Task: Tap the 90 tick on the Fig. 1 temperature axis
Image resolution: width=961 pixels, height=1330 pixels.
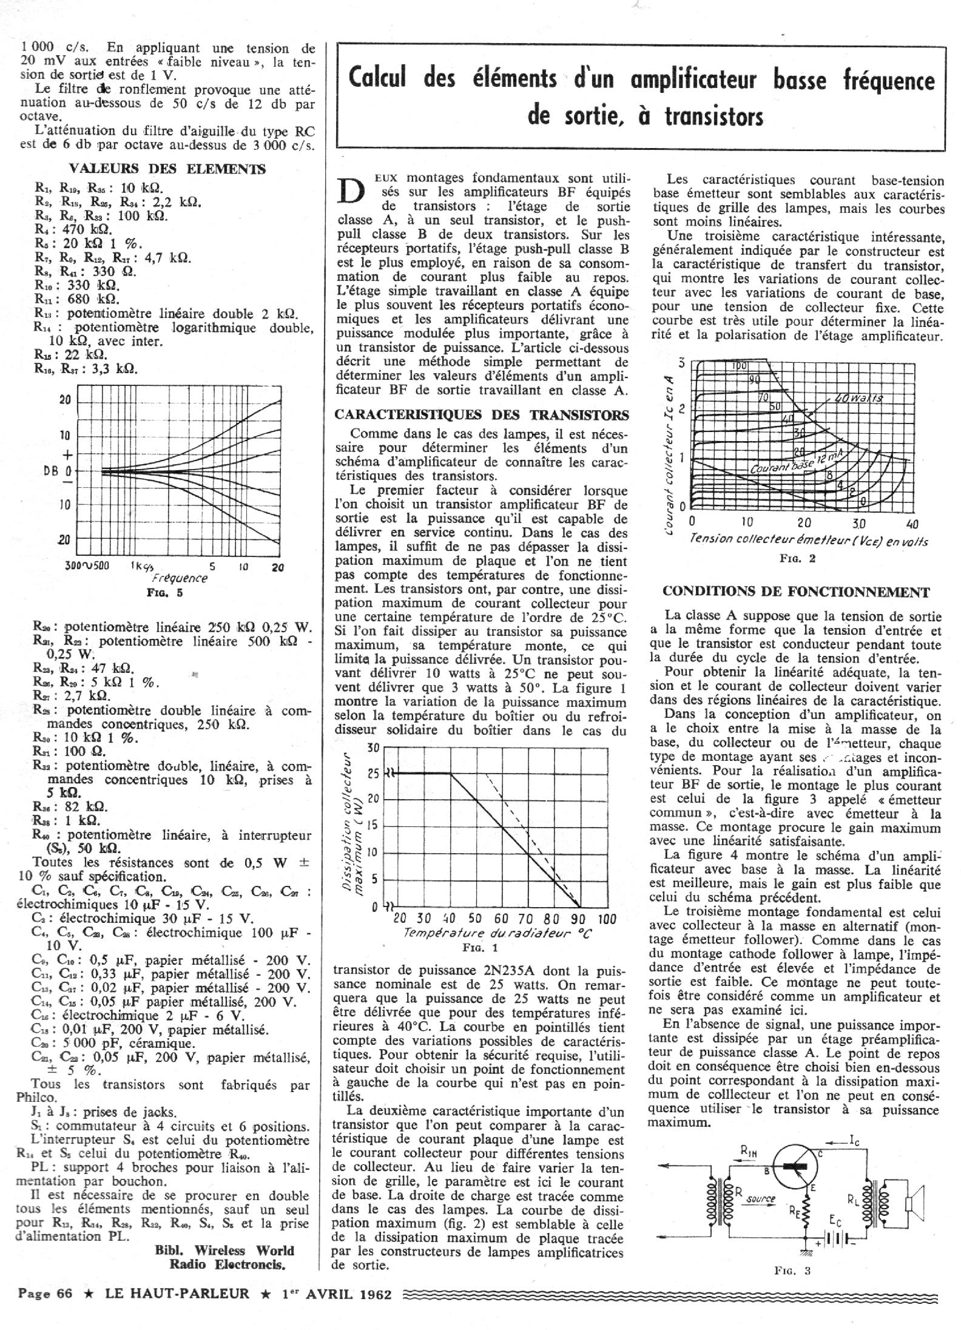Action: point(578,919)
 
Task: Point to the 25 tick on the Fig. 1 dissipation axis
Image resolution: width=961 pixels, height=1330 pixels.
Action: point(373,774)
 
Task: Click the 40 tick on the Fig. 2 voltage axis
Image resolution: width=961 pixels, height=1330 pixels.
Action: point(912,524)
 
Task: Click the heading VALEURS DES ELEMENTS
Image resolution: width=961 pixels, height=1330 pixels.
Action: point(167,169)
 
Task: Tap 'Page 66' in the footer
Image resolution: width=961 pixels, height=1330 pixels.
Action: point(46,1293)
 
